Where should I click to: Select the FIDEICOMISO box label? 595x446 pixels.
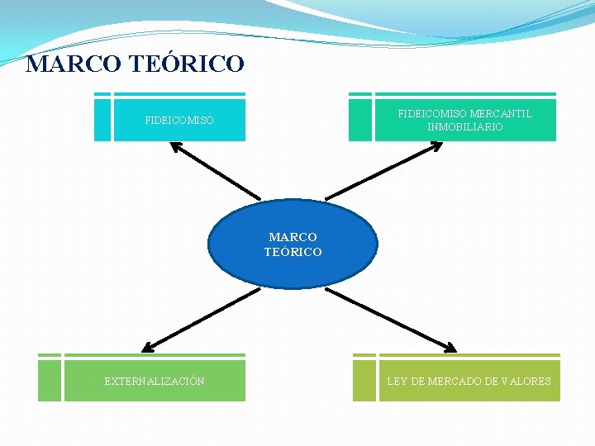tap(179, 121)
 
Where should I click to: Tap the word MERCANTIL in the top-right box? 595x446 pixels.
tap(501, 114)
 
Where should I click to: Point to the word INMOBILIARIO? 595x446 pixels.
tap(464, 127)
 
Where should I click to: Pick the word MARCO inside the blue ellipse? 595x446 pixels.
tap(293, 238)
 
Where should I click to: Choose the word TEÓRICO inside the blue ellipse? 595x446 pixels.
tap(293, 252)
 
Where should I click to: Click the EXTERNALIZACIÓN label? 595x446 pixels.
tap(155, 382)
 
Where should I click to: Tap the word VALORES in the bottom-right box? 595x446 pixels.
tap(526, 382)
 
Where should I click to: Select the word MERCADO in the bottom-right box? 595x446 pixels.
tap(455, 382)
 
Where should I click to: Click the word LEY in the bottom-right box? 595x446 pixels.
tap(397, 382)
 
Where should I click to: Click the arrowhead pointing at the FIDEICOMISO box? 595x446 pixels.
tap(176, 147)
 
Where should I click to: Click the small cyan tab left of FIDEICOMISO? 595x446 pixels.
tap(102, 121)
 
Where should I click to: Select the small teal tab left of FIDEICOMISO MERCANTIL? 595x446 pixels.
tap(360, 121)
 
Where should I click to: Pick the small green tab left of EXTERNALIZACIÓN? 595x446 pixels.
tap(50, 381)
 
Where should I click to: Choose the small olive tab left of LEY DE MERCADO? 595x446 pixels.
tap(364, 381)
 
